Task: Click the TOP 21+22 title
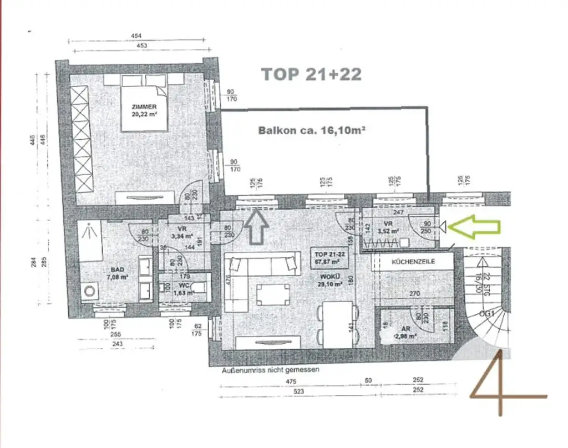311,75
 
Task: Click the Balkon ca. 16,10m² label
311,131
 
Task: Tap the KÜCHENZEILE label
413,261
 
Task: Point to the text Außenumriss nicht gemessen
270,369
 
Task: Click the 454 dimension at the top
136,36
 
